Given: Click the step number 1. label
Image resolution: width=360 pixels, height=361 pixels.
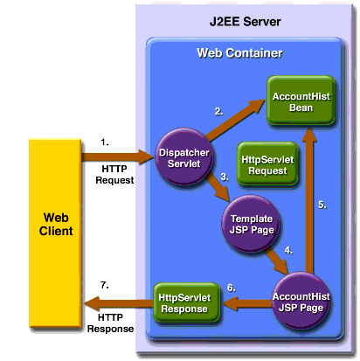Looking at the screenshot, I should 107,140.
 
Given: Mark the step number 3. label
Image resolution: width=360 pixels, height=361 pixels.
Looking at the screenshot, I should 225,176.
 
